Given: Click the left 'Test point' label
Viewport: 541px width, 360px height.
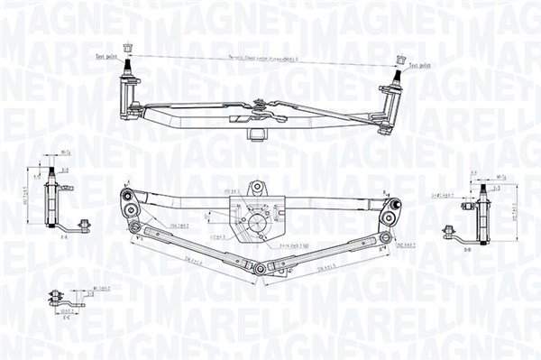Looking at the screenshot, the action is point(105,57).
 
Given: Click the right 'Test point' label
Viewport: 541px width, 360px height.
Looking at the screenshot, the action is point(421,67).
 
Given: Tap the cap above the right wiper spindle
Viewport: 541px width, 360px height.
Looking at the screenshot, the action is point(398,60).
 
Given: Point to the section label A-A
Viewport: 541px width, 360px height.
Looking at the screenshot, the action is point(64,238).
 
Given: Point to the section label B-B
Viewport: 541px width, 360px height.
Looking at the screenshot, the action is point(467,247).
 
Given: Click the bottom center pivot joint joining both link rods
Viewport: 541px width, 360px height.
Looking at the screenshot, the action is point(260,269).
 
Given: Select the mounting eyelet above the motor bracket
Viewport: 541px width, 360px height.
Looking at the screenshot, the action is point(257,187).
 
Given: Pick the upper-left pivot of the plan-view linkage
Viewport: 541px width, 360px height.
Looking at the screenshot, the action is point(128,195).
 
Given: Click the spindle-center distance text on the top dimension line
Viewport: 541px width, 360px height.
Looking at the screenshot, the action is point(261,57).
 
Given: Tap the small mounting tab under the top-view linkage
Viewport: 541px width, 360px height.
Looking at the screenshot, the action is point(255,133).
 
